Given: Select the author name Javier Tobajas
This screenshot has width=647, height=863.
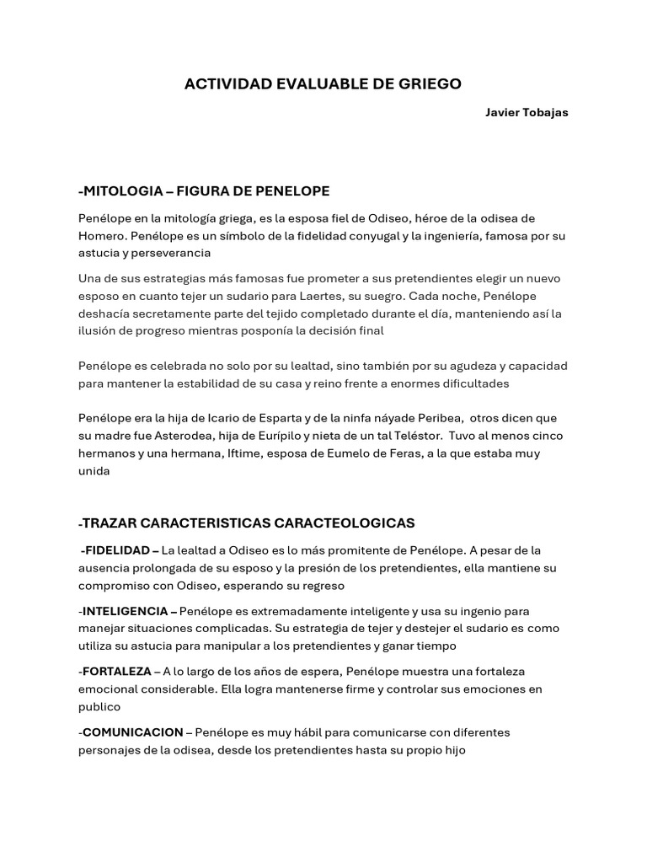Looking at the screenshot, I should click(527, 113).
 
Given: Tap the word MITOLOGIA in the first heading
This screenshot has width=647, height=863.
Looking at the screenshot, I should click(124, 190).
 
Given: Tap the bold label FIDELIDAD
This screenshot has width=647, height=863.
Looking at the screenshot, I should click(116, 550).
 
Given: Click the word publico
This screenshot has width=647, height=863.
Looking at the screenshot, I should click(99, 707).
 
